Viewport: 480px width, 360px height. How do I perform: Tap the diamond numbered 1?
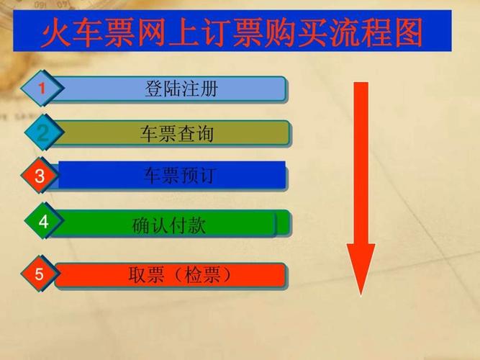(x=42, y=89)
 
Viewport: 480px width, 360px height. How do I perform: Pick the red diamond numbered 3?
(x=40, y=176)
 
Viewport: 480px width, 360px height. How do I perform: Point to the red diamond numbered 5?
(x=40, y=274)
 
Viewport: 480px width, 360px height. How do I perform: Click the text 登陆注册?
(x=181, y=90)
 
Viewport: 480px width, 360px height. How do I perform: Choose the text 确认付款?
(x=169, y=225)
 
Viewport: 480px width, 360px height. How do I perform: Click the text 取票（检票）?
(x=180, y=275)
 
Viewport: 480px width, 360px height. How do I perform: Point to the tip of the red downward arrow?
(x=361, y=293)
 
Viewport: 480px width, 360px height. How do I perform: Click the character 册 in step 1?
(x=208, y=90)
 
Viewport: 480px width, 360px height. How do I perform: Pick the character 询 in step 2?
(x=204, y=134)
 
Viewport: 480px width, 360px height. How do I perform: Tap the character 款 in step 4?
(x=196, y=225)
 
